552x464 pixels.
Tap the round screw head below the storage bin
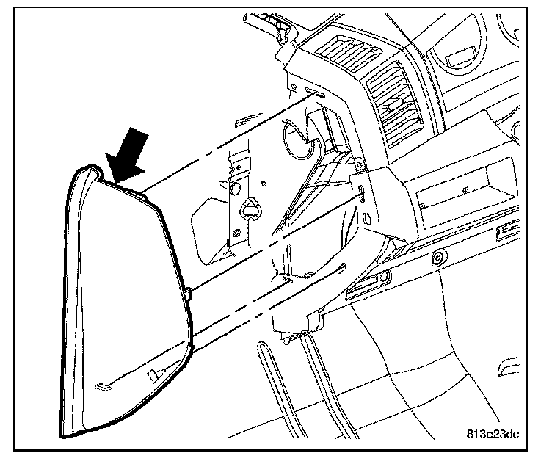(437, 258)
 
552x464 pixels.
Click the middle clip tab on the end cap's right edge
(189, 294)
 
